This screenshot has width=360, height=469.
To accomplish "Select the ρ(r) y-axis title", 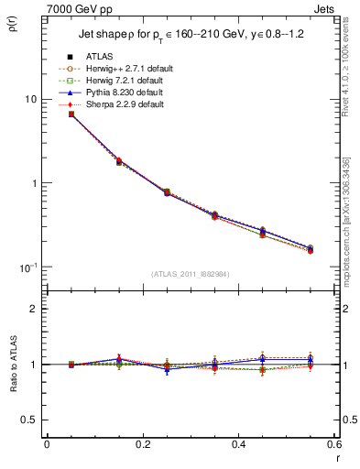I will (12, 25).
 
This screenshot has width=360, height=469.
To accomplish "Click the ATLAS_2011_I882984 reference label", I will (190, 273).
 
